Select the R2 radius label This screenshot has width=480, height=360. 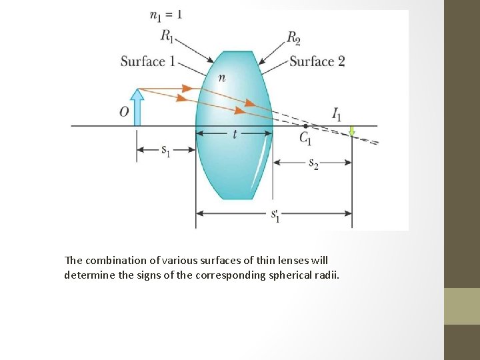coord(294,37)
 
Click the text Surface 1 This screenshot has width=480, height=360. coord(147,62)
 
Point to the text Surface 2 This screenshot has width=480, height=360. coord(317,62)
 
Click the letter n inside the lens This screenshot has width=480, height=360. coord(221,78)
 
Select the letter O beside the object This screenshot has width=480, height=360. coord(124,112)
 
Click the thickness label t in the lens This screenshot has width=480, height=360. coord(235,134)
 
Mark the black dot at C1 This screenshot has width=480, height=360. coord(305,125)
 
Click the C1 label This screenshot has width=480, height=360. coord(306,138)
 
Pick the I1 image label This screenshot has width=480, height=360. coord(337,114)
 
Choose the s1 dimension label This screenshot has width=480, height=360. coord(166,151)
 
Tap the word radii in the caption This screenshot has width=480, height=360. coord(326,275)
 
